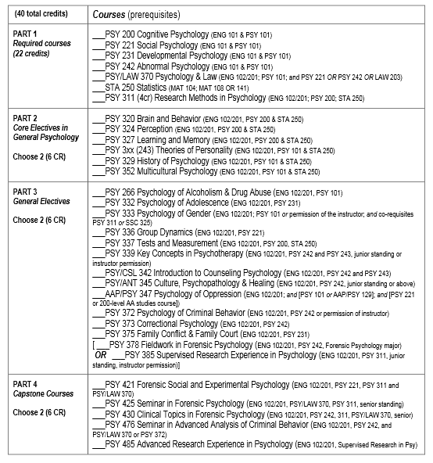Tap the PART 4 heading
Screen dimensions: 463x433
27,384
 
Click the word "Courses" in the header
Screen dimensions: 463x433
110,15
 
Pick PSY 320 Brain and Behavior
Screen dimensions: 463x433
157,120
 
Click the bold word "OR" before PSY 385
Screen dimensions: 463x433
100,354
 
